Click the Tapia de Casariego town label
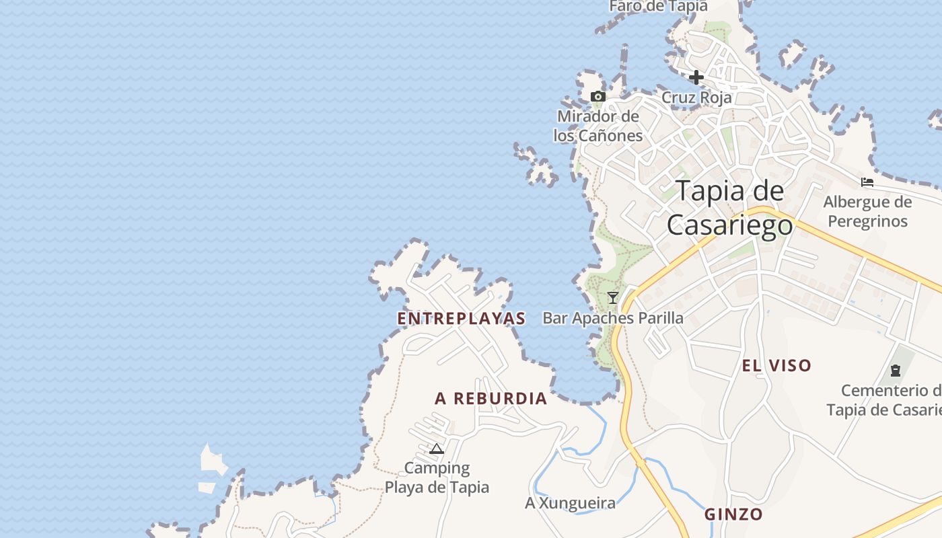730,208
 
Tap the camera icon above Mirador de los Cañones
597,97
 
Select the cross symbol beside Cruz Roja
696,77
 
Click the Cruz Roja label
696,98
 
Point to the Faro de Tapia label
659,6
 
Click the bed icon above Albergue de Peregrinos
867,182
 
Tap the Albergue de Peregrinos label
867,211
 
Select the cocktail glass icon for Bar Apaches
612,297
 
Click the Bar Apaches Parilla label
613,318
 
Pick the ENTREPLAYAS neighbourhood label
462,319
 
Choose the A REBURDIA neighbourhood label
491,399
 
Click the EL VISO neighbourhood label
776,366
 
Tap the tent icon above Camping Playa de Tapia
437,449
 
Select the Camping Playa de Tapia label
437,477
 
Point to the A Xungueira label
570,503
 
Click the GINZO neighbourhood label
733,515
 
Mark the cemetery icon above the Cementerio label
896,370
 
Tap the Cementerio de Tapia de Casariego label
885,400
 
